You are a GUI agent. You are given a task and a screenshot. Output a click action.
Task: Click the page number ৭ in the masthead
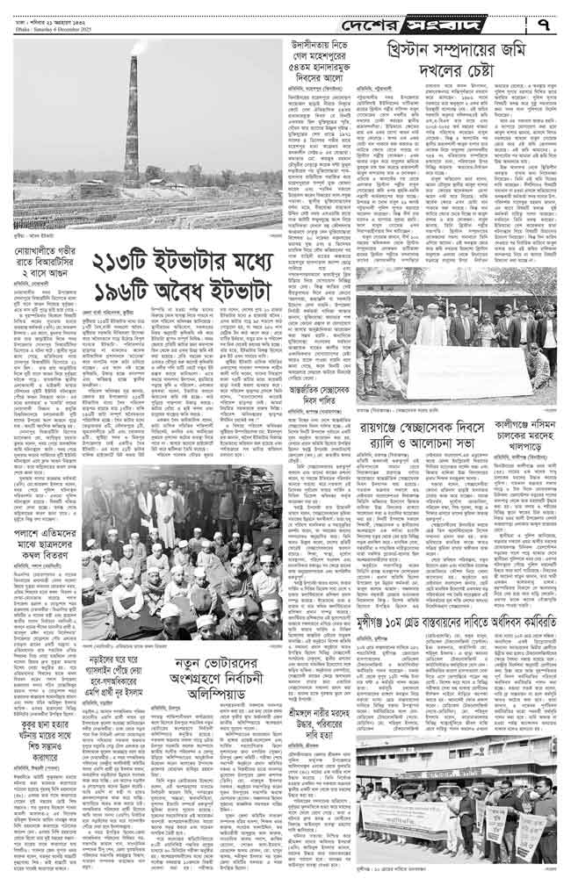coord(546,18)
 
